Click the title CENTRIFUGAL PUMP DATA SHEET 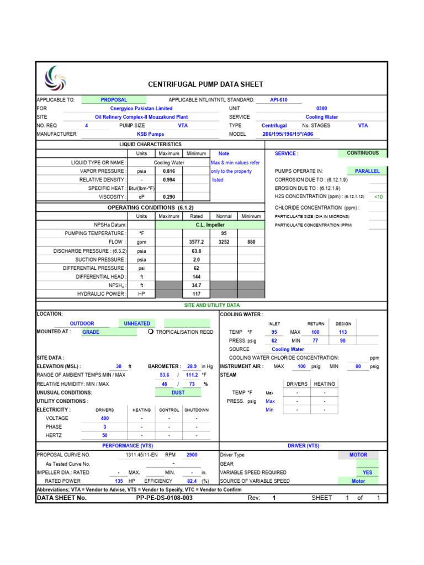pos(206,84)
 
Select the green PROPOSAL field pos(114,100)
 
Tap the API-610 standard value pos(278,100)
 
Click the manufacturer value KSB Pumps pos(150,134)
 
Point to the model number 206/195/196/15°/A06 pos(287,134)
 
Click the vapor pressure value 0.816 pos(169,171)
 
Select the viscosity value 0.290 pos(169,197)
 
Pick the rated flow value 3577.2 pos(197,242)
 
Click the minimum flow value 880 pos(251,242)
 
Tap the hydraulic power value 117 pos(197,294)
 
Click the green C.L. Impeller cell pos(210,225)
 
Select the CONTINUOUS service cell pos(363,153)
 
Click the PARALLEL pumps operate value pos(367,172)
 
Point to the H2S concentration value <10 pos(378,197)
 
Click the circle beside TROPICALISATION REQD pos(150,332)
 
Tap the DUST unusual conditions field pos(178,392)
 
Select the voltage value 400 pos(104,418)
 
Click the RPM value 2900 pos(192,455)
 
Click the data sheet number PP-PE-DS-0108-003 pos(164,498)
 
